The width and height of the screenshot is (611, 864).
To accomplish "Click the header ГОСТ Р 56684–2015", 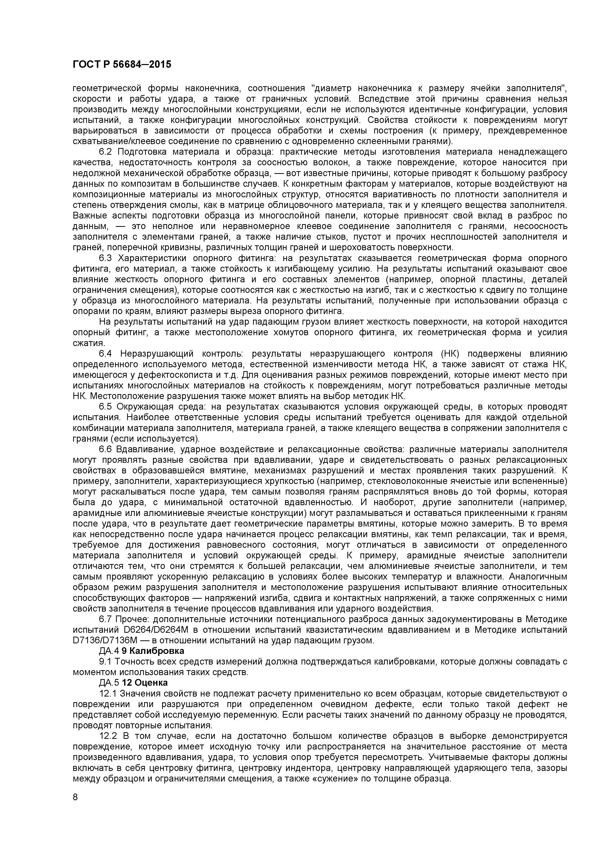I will click(122, 64).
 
